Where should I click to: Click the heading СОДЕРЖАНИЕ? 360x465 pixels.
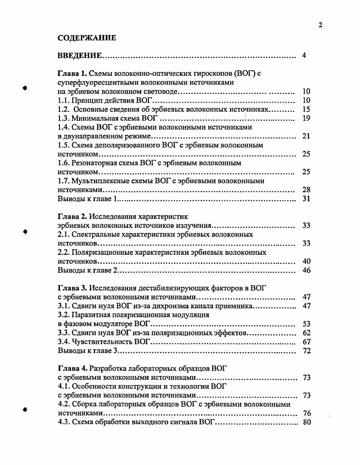87,38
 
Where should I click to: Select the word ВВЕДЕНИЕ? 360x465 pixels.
79,56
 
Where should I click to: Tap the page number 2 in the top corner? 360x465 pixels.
321,25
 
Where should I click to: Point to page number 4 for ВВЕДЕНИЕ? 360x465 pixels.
304,56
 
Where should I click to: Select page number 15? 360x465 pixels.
306,109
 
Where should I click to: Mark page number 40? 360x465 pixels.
306,262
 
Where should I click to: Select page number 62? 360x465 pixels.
306,333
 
